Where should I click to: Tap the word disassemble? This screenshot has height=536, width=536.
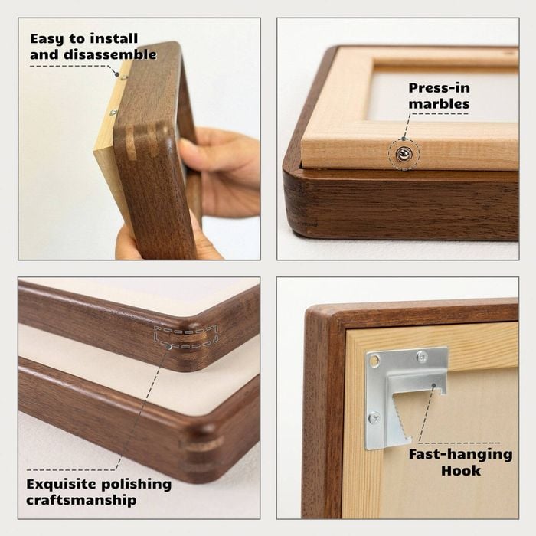pyautogui.click(x=110, y=54)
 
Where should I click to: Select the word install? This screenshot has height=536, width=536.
pyautogui.click(x=113, y=38)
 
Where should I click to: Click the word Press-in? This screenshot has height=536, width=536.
pyautogui.click(x=440, y=88)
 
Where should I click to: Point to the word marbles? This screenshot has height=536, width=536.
pyautogui.click(x=439, y=104)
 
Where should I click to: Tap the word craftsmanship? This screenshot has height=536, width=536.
pyautogui.click(x=81, y=501)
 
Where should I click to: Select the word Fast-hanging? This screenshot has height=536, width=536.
pyautogui.click(x=460, y=455)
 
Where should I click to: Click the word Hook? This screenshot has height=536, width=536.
pyautogui.click(x=460, y=471)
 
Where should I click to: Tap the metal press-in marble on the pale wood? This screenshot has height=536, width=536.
pyautogui.click(x=404, y=155)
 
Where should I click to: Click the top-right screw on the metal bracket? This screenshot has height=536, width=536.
pyautogui.click(x=423, y=357)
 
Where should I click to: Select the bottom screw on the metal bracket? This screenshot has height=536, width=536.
pyautogui.click(x=374, y=417)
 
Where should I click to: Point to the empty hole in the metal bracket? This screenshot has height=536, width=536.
pyautogui.click(x=374, y=360)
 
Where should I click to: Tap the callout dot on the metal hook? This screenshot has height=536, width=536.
pyautogui.click(x=434, y=385)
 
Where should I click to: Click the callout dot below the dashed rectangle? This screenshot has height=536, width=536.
pyautogui.click(x=169, y=347)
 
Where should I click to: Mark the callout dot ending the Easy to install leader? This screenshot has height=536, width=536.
pyautogui.click(x=117, y=74)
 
